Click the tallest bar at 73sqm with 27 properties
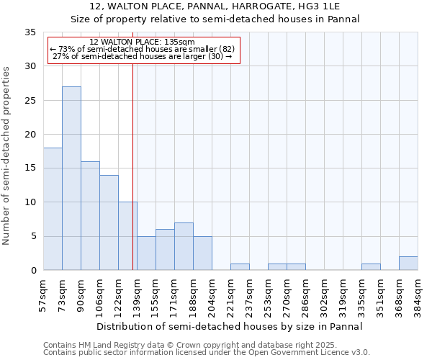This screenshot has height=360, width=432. [x=71, y=179]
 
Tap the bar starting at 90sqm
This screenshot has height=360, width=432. [x=90, y=216]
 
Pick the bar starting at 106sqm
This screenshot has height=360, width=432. [x=109, y=222]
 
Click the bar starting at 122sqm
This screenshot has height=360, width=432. [x=127, y=236]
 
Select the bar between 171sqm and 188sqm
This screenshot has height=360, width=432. [x=184, y=246]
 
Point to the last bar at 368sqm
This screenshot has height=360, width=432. [x=408, y=264]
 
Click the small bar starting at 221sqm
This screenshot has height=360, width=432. [x=240, y=267]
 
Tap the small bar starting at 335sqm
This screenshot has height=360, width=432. [x=371, y=267]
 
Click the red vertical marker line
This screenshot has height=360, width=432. [x=133, y=166]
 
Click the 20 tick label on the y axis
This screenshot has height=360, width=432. [x=30, y=135]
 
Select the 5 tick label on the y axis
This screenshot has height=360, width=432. [x=32, y=237]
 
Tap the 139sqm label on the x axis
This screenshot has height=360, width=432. [x=138, y=294]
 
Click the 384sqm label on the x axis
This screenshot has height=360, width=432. [x=418, y=294]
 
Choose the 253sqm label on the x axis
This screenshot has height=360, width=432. [x=269, y=294]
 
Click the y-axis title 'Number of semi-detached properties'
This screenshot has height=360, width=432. [x=7, y=155]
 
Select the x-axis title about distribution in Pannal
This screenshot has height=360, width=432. [x=230, y=326]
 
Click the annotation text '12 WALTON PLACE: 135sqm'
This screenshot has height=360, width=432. [x=143, y=42]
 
